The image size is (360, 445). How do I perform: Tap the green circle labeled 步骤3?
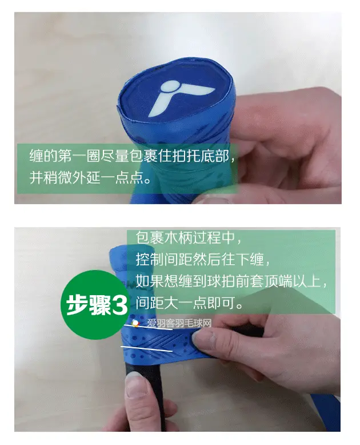[96, 305]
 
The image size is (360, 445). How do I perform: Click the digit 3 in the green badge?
[120, 305]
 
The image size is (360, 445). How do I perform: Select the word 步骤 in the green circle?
[89, 305]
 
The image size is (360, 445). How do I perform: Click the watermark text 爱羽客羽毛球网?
[179, 323]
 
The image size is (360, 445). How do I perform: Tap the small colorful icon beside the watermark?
[136, 324]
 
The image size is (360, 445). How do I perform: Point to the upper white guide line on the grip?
[148, 327]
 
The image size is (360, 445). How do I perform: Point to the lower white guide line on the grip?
[146, 349]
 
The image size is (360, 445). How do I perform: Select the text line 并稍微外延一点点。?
[90, 178]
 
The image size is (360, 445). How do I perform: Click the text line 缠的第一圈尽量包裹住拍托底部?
[132, 156]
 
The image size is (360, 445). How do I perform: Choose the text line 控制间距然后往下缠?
[202, 259]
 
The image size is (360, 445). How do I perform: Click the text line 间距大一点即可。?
[189, 303]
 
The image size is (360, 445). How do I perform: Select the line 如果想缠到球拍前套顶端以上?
[231, 281]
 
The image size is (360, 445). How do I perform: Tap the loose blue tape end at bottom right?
[326, 412]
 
